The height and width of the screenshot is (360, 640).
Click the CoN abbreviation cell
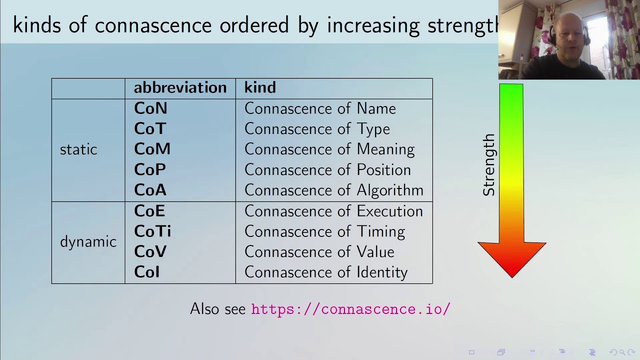(150, 108)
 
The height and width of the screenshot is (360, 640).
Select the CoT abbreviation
(150, 129)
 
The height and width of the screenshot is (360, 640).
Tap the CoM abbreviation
(152, 149)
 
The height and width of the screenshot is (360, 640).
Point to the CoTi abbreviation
(152, 231)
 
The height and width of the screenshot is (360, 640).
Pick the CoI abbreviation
(146, 272)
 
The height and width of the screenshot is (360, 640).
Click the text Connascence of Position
(327, 170)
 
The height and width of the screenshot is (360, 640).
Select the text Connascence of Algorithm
(333, 190)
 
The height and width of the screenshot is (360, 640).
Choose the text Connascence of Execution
(333, 211)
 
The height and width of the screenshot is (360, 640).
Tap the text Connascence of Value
(319, 252)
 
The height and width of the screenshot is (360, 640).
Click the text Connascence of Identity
(326, 272)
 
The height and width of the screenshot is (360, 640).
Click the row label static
(78, 149)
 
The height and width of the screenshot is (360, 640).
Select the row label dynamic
(88, 242)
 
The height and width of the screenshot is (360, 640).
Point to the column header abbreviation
(180, 88)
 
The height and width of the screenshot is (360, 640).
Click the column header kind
(260, 88)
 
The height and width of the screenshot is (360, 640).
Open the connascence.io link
(350, 309)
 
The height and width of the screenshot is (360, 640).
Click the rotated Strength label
(488, 165)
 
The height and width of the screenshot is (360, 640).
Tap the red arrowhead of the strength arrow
(511, 257)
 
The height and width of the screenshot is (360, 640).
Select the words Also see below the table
(217, 309)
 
